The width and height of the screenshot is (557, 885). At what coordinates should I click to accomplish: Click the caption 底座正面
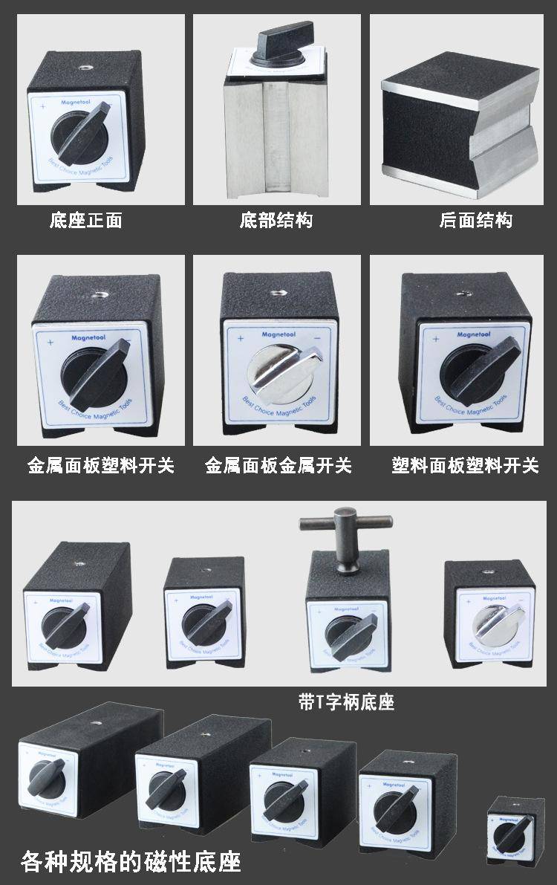[85, 221]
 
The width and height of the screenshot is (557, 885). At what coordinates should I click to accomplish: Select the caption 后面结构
[476, 221]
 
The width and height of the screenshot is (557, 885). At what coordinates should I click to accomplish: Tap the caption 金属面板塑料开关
[101, 466]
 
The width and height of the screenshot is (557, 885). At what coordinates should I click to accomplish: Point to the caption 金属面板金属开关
[278, 466]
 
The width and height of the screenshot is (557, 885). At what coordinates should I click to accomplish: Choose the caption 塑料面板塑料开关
[466, 466]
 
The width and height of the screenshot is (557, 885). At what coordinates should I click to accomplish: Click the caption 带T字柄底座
[346, 702]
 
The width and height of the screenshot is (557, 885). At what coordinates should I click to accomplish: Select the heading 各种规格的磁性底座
[131, 863]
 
